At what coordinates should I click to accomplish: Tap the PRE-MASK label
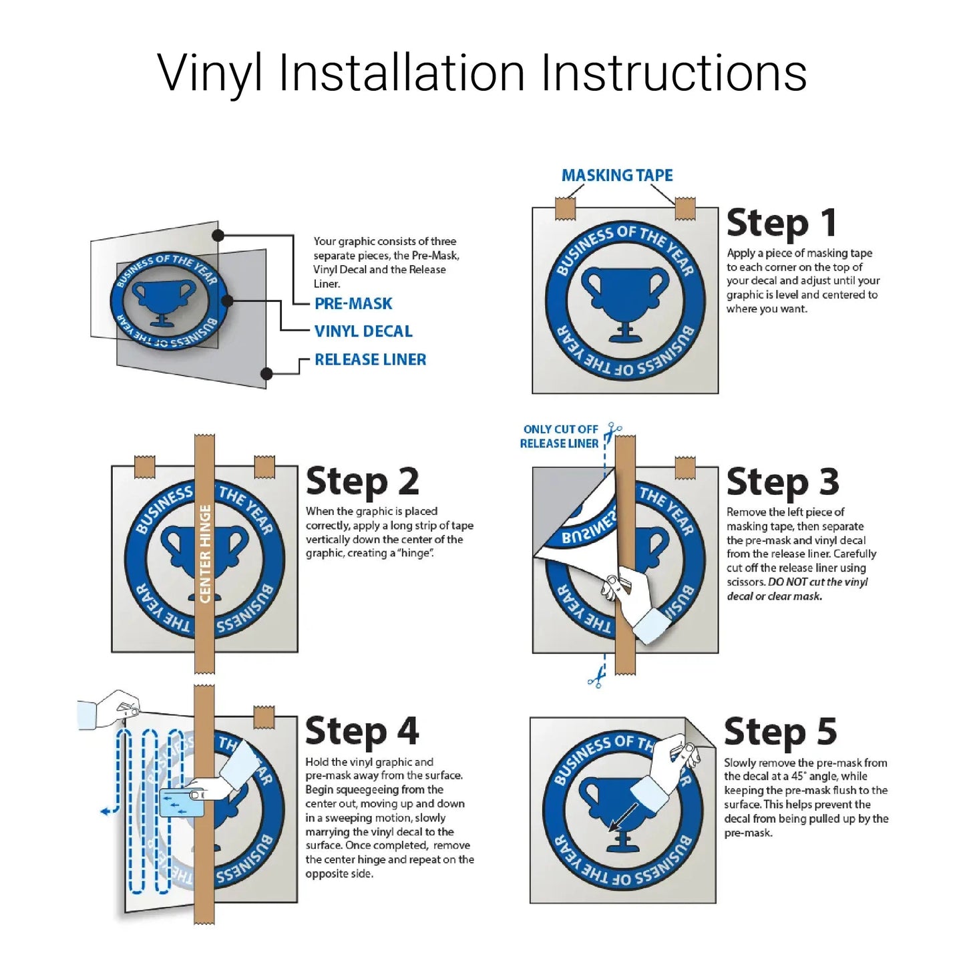pos(353,303)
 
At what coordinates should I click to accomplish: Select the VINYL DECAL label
pos(363,331)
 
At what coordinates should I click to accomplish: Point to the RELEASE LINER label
pos(370,359)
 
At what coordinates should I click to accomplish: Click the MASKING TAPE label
pos(617,175)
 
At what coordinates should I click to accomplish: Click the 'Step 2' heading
pos(362,481)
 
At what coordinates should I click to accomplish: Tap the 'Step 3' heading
pos(783,481)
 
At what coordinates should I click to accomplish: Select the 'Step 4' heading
pos(361,731)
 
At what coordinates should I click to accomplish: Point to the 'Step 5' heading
pos(780,732)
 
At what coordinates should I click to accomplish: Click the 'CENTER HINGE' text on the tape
pos(205,554)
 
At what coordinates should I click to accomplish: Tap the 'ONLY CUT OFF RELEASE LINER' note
pos(560,436)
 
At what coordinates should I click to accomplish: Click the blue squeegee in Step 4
pos(182,802)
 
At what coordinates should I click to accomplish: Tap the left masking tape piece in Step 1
pos(566,208)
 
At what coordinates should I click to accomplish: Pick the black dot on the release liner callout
pos(267,373)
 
